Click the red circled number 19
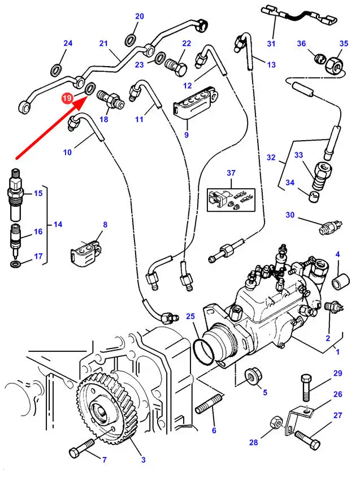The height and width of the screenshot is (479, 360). (67, 98)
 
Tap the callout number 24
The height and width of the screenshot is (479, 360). (68, 43)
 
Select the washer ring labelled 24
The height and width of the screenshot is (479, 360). (57, 70)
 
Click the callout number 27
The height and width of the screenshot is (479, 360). (337, 416)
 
